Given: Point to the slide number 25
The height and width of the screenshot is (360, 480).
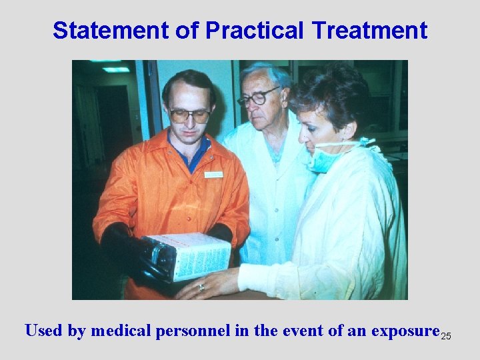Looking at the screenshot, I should point(446,336).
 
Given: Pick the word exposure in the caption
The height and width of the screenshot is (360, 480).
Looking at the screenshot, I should point(403,331).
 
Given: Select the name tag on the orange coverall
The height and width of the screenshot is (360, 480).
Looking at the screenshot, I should point(213,174).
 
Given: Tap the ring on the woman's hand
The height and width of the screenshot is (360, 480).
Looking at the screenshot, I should point(201,287).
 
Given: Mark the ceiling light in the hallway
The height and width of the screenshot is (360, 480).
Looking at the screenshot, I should point(115,69).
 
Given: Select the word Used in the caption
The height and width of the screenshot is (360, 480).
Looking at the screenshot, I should point(44,331).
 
